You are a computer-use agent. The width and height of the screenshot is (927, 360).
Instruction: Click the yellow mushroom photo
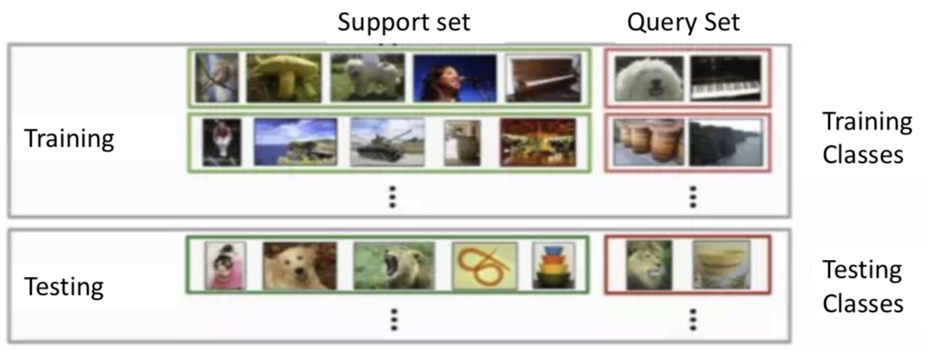pyautogui.click(x=283, y=77)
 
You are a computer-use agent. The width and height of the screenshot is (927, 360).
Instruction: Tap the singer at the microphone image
pyautogui.click(x=454, y=77)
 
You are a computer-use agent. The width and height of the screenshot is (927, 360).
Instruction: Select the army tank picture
pyautogui.click(x=387, y=143)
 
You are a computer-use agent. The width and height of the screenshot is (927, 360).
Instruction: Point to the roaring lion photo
pyautogui.click(x=390, y=266)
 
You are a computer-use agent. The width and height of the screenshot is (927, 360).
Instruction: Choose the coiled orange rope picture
pyautogui.click(x=484, y=266)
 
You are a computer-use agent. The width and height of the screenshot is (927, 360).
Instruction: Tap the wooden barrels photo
pyautogui.click(x=648, y=143)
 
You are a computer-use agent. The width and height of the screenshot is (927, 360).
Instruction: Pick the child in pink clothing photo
pyautogui.click(x=220, y=266)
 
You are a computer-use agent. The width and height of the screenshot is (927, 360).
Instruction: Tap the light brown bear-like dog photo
pyautogui.click(x=299, y=266)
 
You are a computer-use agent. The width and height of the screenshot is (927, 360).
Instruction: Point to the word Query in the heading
pyautogui.click(x=654, y=22)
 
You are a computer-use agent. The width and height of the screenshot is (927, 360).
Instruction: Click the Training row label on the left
pyautogui.click(x=69, y=138)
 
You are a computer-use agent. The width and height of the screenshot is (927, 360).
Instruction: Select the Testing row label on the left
pyautogui.click(x=64, y=287)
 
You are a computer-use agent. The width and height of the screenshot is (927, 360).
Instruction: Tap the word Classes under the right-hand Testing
pyautogui.click(x=863, y=304)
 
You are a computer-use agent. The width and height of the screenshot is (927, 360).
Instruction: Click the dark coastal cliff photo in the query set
pyautogui.click(x=726, y=143)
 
